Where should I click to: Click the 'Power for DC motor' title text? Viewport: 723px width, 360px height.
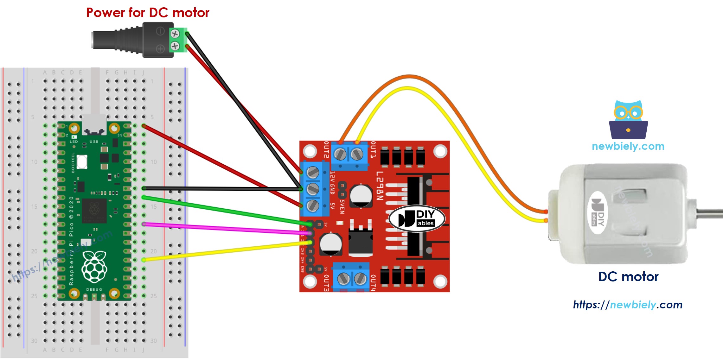tap(148, 13)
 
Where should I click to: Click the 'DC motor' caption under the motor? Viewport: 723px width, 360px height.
tap(628, 277)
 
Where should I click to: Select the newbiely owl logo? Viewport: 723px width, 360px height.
tap(628, 120)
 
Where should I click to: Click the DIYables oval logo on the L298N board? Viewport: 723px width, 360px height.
tap(417, 219)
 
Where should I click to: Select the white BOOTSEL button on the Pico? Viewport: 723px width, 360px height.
tap(82, 162)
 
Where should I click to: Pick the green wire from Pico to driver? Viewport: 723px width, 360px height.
tap(222, 209)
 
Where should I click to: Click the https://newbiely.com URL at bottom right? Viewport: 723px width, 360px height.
tap(627, 305)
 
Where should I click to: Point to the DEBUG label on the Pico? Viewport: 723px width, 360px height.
tap(94, 289)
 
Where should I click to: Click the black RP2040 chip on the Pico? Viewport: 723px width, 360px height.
tap(94, 210)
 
